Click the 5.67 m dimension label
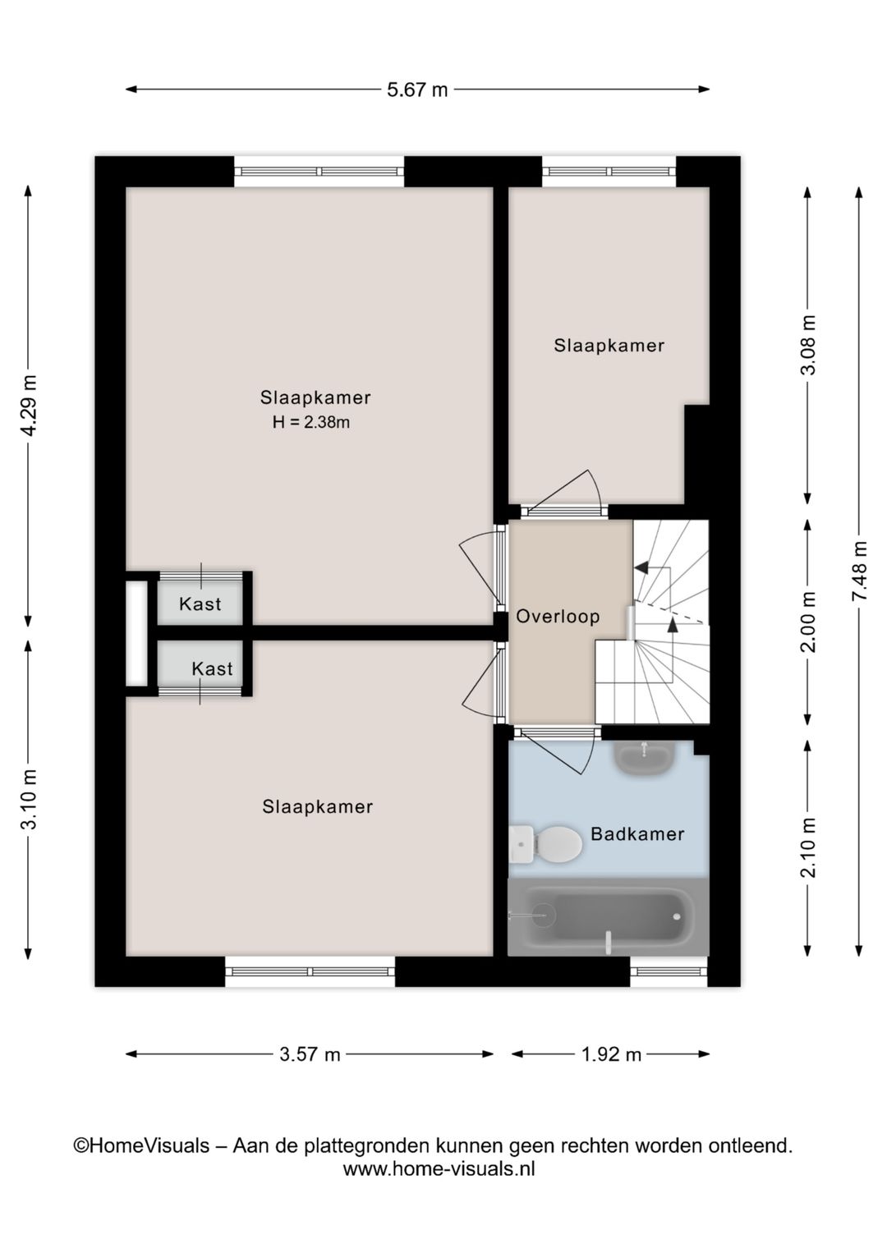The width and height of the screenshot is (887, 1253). [x=417, y=89]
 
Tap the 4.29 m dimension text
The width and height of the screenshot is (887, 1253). [x=29, y=406]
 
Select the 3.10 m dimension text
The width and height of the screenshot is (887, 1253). [x=29, y=799]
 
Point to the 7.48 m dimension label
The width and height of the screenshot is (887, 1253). [x=859, y=571]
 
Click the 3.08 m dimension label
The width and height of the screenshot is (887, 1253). [x=808, y=345]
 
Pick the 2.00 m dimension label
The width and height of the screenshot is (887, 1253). [x=808, y=622]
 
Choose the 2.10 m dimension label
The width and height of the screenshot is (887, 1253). [x=808, y=847]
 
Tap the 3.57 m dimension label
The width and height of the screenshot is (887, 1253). [x=310, y=1054]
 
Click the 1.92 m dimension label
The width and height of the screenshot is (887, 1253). [x=611, y=1054]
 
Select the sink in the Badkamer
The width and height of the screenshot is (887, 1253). [x=645, y=756]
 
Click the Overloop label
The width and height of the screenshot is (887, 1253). [x=558, y=617]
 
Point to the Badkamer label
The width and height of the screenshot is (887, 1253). [x=637, y=834]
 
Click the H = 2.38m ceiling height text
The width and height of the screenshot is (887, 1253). [x=311, y=423]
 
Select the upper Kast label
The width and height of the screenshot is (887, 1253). [x=200, y=604]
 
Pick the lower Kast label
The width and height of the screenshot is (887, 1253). [x=212, y=669]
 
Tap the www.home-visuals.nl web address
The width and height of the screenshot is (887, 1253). [x=439, y=1168]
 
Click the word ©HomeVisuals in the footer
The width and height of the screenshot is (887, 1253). [x=141, y=1145]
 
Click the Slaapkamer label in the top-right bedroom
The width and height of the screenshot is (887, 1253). [x=609, y=346]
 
